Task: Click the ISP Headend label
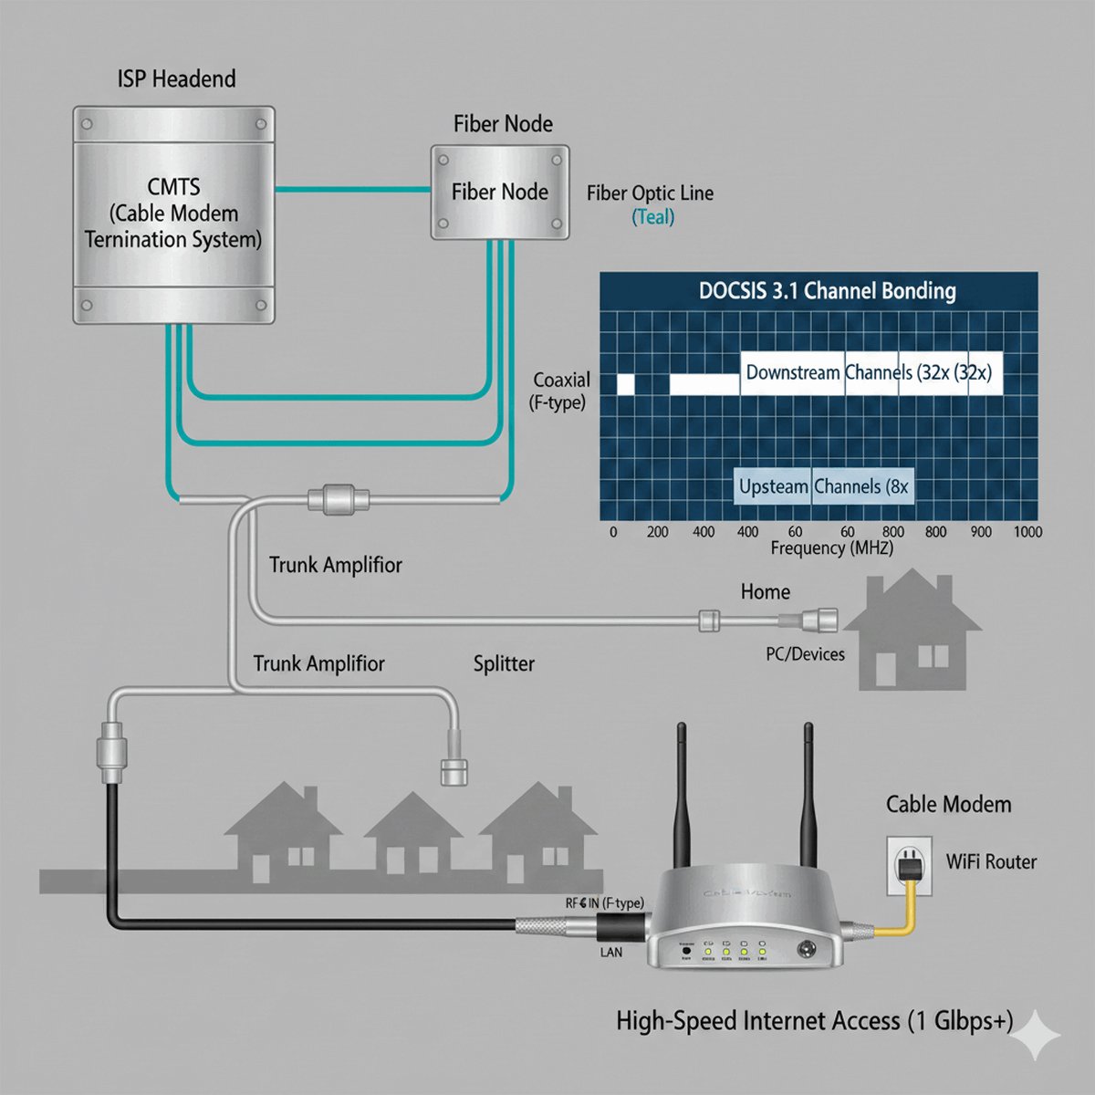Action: (x=176, y=79)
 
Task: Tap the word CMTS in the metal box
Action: (x=173, y=187)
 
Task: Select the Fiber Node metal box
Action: (x=500, y=193)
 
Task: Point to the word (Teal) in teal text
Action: (x=653, y=217)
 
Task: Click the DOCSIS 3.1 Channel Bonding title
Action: (x=827, y=292)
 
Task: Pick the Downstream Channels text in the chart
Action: (x=868, y=372)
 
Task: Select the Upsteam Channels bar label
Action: (x=823, y=486)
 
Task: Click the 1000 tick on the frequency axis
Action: (x=1027, y=532)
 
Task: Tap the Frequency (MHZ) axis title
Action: (x=831, y=548)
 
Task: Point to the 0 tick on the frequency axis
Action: (x=613, y=532)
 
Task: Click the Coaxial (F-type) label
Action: (x=560, y=391)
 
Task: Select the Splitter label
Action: (x=504, y=664)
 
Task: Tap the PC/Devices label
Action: (x=805, y=654)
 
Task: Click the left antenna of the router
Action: (x=681, y=794)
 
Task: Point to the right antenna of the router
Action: (x=808, y=794)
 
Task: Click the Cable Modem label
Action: (x=948, y=805)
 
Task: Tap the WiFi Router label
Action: (x=991, y=861)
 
